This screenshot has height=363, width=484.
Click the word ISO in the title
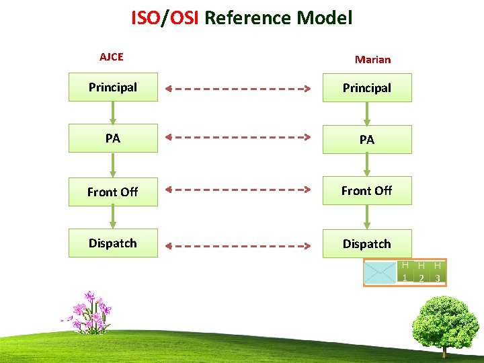[145, 17]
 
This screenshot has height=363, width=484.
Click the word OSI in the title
[184, 17]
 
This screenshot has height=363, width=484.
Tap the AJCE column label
[112, 57]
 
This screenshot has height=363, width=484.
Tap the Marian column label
[372, 59]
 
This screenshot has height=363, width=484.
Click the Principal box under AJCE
[113, 87]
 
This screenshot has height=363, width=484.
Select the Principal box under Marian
[367, 88]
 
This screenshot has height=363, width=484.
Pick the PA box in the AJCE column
[113, 138]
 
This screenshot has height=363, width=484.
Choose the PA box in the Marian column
[367, 139]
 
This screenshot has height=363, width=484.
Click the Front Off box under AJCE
[113, 191]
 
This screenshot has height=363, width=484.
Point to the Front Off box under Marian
[367, 191]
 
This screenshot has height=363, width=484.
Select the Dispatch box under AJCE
[113, 243]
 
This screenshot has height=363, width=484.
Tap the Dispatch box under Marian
[367, 243]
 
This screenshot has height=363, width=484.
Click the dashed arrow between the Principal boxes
[240, 88]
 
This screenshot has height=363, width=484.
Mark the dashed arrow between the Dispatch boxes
[240, 243]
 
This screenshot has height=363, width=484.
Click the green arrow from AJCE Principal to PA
[113, 112]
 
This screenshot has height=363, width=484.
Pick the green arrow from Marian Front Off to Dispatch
[367, 216]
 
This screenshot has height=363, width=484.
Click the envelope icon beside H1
[380, 272]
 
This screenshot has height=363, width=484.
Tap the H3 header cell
[438, 272]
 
